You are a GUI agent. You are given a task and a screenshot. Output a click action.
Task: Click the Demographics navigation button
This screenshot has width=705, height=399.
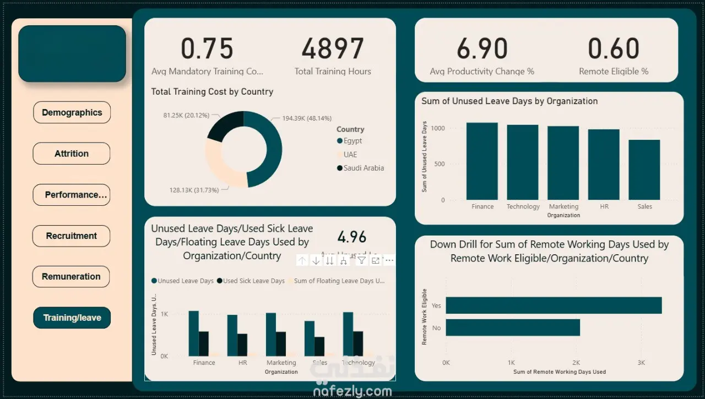(x=72, y=112)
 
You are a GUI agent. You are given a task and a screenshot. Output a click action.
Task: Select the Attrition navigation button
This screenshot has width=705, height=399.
(x=72, y=154)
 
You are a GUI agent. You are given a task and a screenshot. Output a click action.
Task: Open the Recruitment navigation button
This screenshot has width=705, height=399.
(x=72, y=236)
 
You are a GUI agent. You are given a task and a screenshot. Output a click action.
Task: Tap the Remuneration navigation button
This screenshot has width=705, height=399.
(x=71, y=276)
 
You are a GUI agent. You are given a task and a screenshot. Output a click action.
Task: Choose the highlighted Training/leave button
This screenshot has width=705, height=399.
(x=72, y=318)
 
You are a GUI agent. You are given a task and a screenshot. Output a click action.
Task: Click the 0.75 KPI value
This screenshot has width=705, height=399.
(x=207, y=49)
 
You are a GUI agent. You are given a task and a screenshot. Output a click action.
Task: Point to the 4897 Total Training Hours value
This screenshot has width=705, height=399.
(x=332, y=49)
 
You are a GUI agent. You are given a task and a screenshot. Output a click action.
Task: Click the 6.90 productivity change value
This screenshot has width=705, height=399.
(x=482, y=49)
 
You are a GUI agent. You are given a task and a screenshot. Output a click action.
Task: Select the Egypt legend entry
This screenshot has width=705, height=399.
(x=352, y=141)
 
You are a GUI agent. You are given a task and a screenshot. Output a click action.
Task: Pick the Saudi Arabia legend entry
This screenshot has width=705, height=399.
(x=364, y=168)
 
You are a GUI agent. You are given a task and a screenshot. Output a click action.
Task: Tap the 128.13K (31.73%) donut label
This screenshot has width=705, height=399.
(x=194, y=190)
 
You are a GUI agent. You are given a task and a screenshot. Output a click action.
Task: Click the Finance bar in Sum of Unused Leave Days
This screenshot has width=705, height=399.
(x=482, y=161)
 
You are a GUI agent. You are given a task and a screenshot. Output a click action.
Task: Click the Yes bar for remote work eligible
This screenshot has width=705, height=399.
(x=554, y=305)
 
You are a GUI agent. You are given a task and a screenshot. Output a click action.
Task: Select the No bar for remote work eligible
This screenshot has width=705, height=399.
(x=513, y=327)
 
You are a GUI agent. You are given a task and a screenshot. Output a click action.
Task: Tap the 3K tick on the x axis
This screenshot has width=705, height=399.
(x=641, y=363)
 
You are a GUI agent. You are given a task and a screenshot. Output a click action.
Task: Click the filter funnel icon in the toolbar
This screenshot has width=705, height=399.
(x=361, y=260)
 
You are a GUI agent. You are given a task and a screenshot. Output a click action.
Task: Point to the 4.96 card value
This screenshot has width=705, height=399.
(x=352, y=237)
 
